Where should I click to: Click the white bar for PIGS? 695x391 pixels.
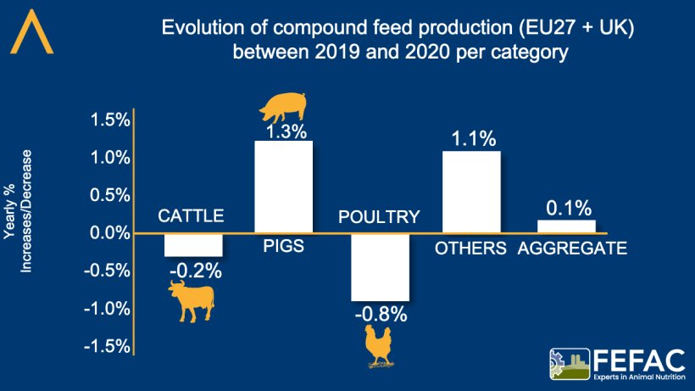tap(284, 186)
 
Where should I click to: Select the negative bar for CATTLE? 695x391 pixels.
tap(192, 244)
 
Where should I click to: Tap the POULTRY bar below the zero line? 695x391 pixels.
tap(380, 266)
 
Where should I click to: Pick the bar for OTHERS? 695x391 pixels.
tap(471, 191)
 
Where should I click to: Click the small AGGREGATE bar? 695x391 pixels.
tap(566, 226)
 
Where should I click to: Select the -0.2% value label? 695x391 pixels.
tap(195, 271)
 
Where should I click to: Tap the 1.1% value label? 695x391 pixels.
tap(472, 140)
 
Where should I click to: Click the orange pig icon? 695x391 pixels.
tap(283, 108)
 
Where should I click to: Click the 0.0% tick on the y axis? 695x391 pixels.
tap(109, 232)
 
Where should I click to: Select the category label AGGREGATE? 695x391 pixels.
tap(572, 249)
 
